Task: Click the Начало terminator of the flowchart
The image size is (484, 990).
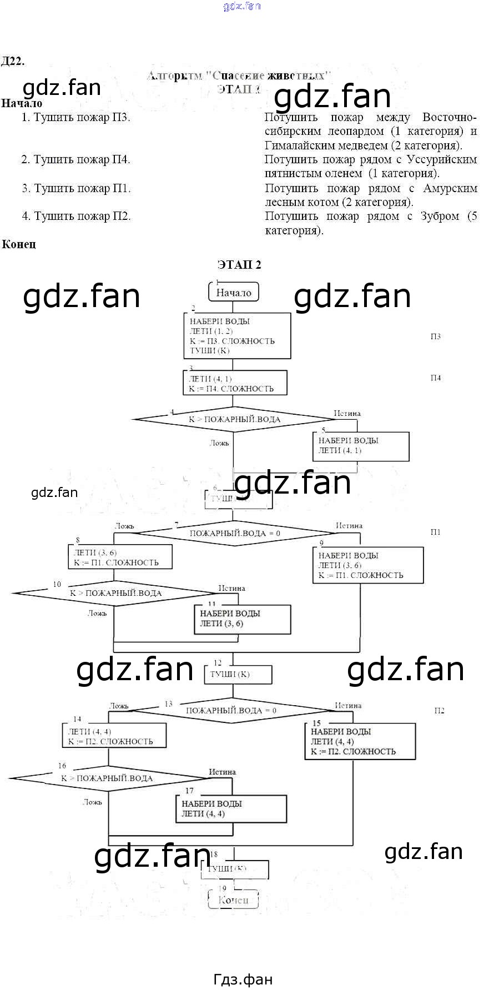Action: click(234, 292)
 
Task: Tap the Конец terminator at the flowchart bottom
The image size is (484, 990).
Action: click(233, 900)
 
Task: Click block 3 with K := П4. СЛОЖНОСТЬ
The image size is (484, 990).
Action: click(235, 384)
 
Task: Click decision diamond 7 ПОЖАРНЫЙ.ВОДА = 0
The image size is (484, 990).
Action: click(235, 533)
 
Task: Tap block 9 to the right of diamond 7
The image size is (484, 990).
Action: click(367, 565)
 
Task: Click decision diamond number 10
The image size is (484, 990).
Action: click(115, 593)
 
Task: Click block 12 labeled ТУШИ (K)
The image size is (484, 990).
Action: click(238, 674)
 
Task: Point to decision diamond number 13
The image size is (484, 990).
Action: click(231, 710)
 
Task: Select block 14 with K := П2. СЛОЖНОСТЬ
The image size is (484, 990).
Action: click(114, 736)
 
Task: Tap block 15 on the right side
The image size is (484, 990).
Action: click(360, 741)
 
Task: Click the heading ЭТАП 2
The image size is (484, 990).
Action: click(239, 264)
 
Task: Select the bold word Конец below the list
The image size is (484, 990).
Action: click(19, 244)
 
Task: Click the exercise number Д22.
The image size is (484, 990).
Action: click(13, 61)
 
